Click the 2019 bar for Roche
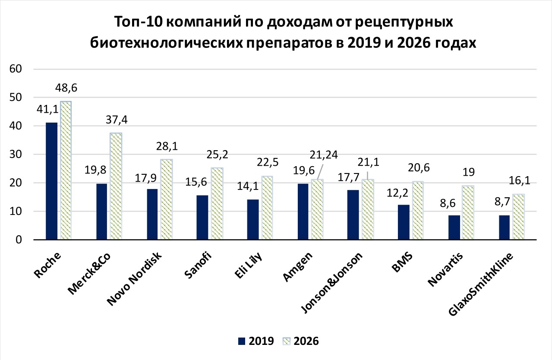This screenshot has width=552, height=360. [x=52, y=181]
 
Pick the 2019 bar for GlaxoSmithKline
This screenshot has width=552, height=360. [x=504, y=227]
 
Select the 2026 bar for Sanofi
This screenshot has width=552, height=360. [x=217, y=204]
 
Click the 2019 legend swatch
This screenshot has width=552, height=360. [x=242, y=341]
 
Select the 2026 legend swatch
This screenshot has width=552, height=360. [x=287, y=341]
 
